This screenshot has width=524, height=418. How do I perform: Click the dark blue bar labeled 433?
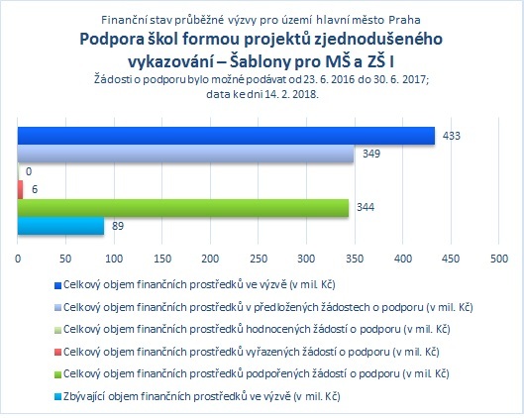coord(226,136)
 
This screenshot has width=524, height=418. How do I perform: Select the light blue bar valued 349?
coord(185,154)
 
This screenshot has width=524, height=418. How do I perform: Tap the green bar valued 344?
coord(183,208)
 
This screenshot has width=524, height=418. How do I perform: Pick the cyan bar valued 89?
coord(60,226)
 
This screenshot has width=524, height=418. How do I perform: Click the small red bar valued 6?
coord(21,190)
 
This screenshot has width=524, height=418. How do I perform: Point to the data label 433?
coord(451,136)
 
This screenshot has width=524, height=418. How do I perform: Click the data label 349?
coord(371,154)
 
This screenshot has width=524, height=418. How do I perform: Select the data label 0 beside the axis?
coord(29,171)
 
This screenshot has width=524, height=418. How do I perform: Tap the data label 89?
coord(118,226)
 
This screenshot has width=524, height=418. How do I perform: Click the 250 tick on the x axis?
coord(259,259)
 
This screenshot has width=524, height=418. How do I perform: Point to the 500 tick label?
coord(499,259)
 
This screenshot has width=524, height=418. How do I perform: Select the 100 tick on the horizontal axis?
coord(114,259)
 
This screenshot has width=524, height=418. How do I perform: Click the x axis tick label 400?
coord(403,259)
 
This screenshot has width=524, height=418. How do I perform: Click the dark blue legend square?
coord(57,285)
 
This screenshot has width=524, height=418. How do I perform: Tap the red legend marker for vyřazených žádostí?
coord(57,353)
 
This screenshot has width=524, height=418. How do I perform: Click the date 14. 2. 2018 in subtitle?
coord(291,94)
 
